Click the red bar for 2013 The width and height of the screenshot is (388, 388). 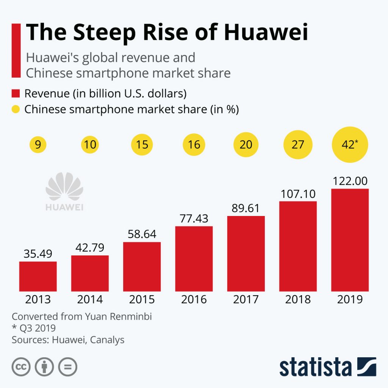coord(38,276)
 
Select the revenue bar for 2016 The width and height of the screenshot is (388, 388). coord(194,259)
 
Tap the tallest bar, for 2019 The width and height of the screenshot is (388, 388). coord(350,240)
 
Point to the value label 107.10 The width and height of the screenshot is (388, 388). coord(298,194)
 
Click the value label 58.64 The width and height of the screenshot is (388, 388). coord(142,234)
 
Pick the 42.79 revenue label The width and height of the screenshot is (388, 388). coord(90,248)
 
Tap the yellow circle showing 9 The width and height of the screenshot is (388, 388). coord(38,144)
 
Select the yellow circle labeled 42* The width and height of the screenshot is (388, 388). coord(350,144)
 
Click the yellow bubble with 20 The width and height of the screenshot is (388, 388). coord(246,144)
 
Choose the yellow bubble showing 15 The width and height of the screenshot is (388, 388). coord(142,144)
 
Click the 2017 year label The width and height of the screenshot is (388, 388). coord(246,299)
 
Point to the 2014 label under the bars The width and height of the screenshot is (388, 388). coord(90,299)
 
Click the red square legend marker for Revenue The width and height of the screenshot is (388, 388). coord(16,94)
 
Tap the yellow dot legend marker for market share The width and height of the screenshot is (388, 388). coord(16,109)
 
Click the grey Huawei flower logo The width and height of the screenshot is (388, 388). coord(64,186)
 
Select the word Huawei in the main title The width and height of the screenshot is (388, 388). coord(266,32)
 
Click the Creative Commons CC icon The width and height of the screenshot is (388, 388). coord(21,367)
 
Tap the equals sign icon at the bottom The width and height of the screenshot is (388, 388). coord(67,367)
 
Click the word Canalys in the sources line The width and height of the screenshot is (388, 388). coord(107,340)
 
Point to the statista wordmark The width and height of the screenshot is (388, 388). coord(316,367)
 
